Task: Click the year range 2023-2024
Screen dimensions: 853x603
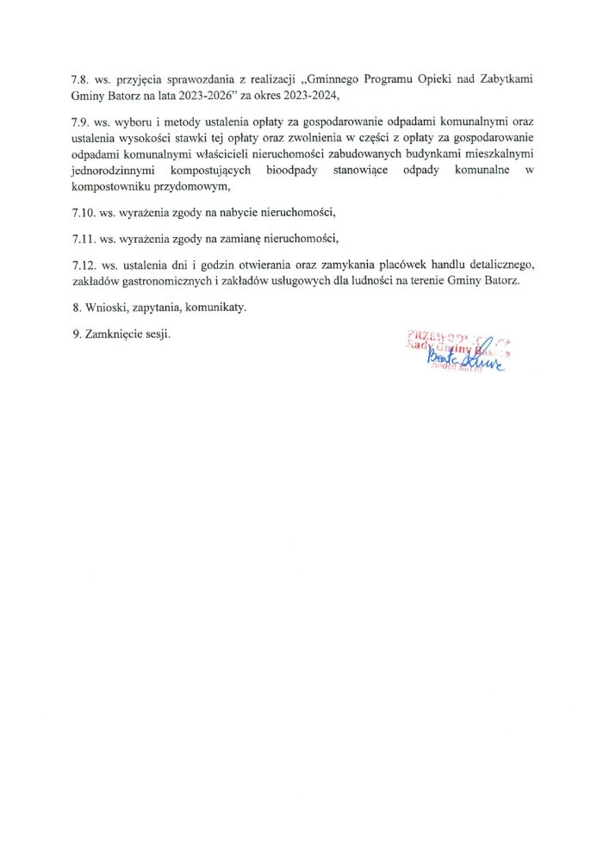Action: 309,95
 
